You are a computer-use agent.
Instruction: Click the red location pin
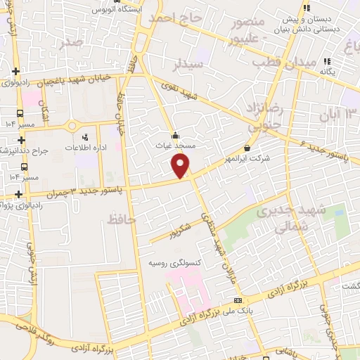181,166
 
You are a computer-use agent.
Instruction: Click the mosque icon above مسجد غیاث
174,136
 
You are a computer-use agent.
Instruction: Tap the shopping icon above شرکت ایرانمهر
247,148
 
